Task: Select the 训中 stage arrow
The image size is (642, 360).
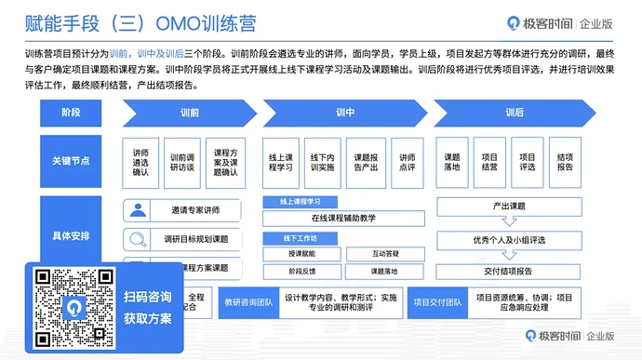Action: [343, 113]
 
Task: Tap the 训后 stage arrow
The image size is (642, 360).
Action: [514, 113]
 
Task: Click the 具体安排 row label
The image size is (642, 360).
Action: [72, 235]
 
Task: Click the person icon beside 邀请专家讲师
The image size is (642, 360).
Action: [139, 210]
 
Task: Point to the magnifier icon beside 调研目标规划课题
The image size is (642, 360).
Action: [139, 239]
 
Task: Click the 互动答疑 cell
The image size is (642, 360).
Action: [384, 253]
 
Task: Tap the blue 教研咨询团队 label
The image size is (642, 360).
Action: [247, 301]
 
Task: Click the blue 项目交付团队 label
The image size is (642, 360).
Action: [437, 301]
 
